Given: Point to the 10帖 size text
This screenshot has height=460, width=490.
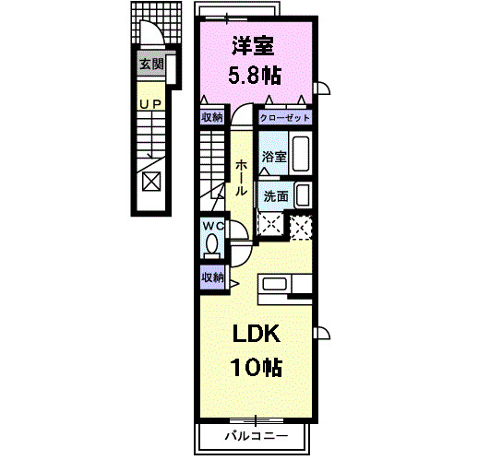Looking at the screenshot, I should [256, 367].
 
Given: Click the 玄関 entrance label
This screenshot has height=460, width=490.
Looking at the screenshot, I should [151, 65].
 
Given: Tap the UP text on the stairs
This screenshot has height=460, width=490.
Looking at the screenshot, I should [149, 104].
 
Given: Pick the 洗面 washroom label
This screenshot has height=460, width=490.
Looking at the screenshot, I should [275, 195].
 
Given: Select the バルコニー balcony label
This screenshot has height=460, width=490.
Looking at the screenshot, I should [256, 435].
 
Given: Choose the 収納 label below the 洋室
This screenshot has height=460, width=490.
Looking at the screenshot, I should [212, 117].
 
